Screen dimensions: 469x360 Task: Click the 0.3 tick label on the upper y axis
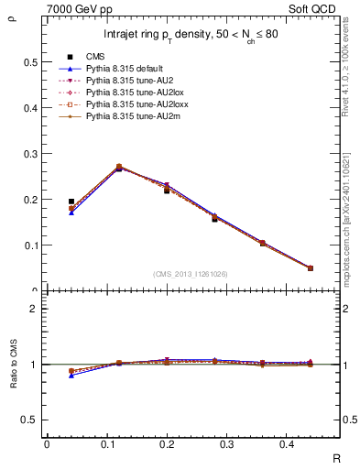(x=30, y=154)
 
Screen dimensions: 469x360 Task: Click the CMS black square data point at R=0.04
(x=71, y=202)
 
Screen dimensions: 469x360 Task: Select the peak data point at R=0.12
(x=119, y=168)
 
